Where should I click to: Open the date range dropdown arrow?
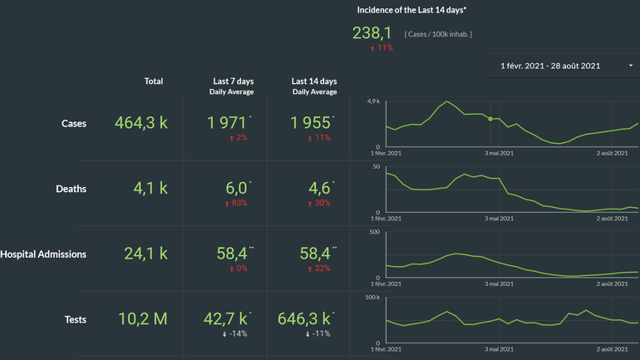[x=630, y=65]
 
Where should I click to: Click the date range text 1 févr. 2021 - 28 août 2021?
[x=549, y=65]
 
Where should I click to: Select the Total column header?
[x=154, y=81]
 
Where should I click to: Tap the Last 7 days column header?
[x=233, y=81]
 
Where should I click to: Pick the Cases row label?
[x=74, y=123]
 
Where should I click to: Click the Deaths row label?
[x=71, y=189]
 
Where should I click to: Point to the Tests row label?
[x=76, y=319]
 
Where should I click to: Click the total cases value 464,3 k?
[x=141, y=123]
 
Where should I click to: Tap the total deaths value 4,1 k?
[x=150, y=189]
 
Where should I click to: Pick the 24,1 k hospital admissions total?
[x=147, y=254]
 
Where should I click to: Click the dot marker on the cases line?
[x=490, y=119]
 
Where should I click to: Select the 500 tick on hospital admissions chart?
[x=374, y=232]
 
